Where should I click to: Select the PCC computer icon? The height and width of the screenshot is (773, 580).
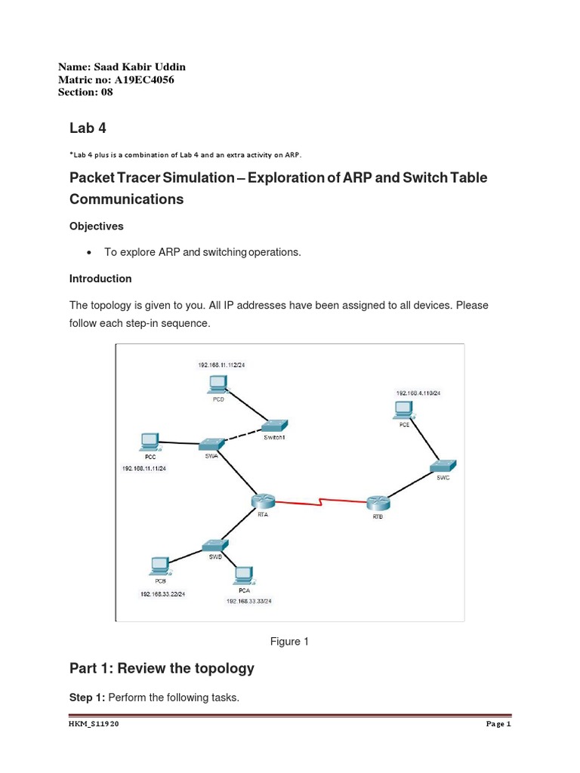point(150,442)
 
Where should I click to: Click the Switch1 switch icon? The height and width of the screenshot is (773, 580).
point(274,427)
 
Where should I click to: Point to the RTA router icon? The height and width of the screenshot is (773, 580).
point(264,501)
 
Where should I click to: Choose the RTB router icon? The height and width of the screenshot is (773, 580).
point(378,504)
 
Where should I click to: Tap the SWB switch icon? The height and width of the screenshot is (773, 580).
point(214,545)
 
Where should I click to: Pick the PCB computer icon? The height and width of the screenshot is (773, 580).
point(159,565)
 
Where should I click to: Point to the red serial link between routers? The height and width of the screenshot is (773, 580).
point(321,501)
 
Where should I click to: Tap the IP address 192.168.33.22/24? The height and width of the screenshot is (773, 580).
point(162,594)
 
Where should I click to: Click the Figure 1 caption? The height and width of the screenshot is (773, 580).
point(290,642)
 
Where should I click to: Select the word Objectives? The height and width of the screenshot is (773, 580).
point(97,226)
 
